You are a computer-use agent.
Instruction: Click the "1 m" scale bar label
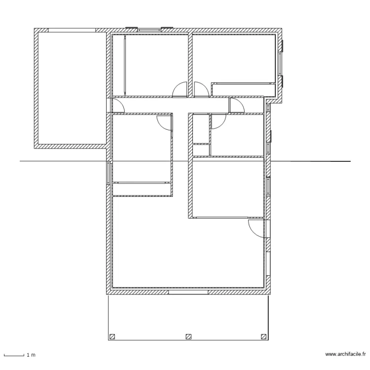coord(31,355)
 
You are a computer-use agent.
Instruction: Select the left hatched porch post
coord(112,337)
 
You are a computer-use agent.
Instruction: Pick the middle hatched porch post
coord(188,337)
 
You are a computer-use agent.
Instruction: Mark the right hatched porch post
coord(263,337)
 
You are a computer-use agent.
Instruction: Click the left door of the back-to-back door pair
coord(180,89)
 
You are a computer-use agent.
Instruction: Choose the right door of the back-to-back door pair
coord(201,89)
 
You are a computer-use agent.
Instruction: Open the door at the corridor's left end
coord(117,105)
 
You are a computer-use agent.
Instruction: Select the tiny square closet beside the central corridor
coord(201,150)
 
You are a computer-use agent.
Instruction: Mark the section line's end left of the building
coord(21,161)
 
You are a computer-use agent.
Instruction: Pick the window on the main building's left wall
coord(109,173)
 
